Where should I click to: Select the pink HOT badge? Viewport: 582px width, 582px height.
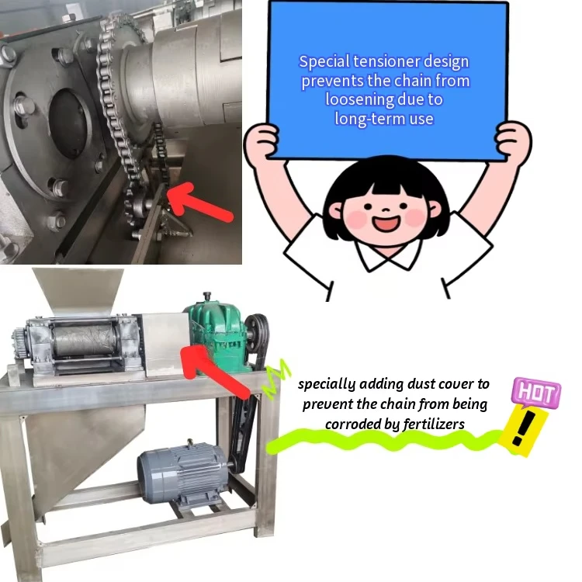pyautogui.click(x=536, y=392)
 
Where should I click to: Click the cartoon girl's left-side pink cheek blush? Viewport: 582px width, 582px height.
pyautogui.click(x=358, y=219)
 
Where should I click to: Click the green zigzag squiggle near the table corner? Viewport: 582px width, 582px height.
pyautogui.click(x=275, y=378)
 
